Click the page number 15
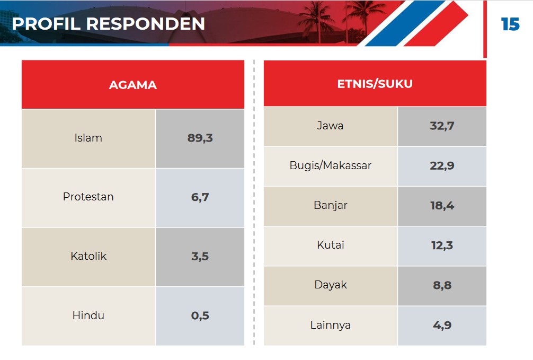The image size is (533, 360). coord(510,24)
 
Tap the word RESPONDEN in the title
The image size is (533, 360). coord(146,24)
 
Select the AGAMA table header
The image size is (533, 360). coord(133,85)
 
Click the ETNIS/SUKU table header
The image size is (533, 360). coord(375,84)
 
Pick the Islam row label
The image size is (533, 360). coord(88,138)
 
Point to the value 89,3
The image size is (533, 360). coord(200,138)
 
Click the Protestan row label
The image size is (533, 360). coord(88,197)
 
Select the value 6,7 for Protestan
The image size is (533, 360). coord(200,197)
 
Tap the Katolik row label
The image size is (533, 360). coord(88,256)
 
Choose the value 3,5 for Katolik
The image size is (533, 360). coord(200,256)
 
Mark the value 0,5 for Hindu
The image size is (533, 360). coord(200,315)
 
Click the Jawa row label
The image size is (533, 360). coord(330,126)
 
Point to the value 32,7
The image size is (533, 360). coord(442,126)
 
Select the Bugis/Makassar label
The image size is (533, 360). coord(331,165)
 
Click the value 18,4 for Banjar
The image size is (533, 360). coord(442,206)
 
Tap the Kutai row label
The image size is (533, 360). coord(331,245)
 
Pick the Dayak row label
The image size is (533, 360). coord(331,285)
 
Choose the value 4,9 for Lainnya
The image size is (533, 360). coord(442,325)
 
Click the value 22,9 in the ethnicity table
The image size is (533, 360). coord(442,166)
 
